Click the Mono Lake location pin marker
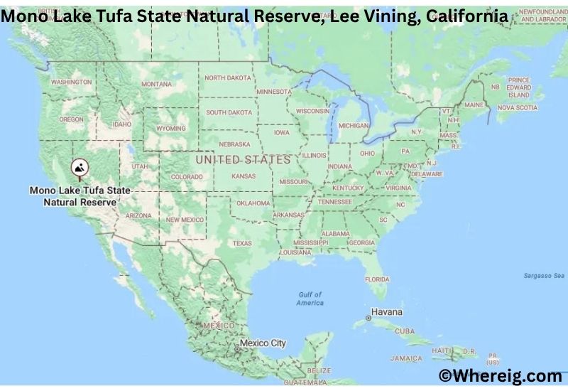click(80, 169)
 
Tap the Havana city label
click(387, 313)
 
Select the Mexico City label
click(262, 343)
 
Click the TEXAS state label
click(242, 243)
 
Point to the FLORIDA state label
click(377, 279)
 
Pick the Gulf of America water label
click(310, 299)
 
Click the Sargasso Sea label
click(544, 274)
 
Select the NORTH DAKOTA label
click(228, 78)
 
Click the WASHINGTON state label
click(71, 82)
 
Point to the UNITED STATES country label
click(243, 160)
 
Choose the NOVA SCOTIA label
click(517, 108)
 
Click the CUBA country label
click(405, 331)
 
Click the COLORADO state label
click(187, 177)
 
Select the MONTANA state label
click(156, 84)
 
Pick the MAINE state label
click(474, 105)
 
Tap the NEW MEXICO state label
click(185, 220)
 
